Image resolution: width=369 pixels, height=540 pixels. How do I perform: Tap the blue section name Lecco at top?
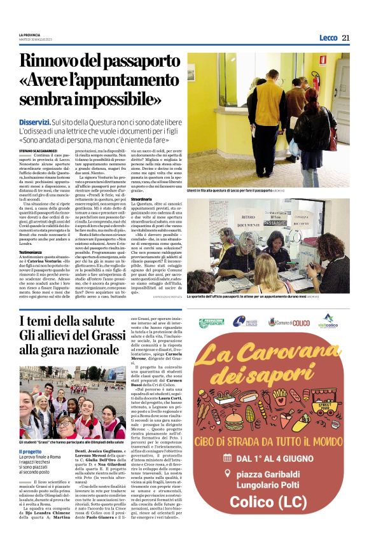pos(328,38)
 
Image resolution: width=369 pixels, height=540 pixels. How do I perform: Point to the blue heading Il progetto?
pos(30,451)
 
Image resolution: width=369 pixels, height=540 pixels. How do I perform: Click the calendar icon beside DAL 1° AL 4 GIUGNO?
pos(227,457)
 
